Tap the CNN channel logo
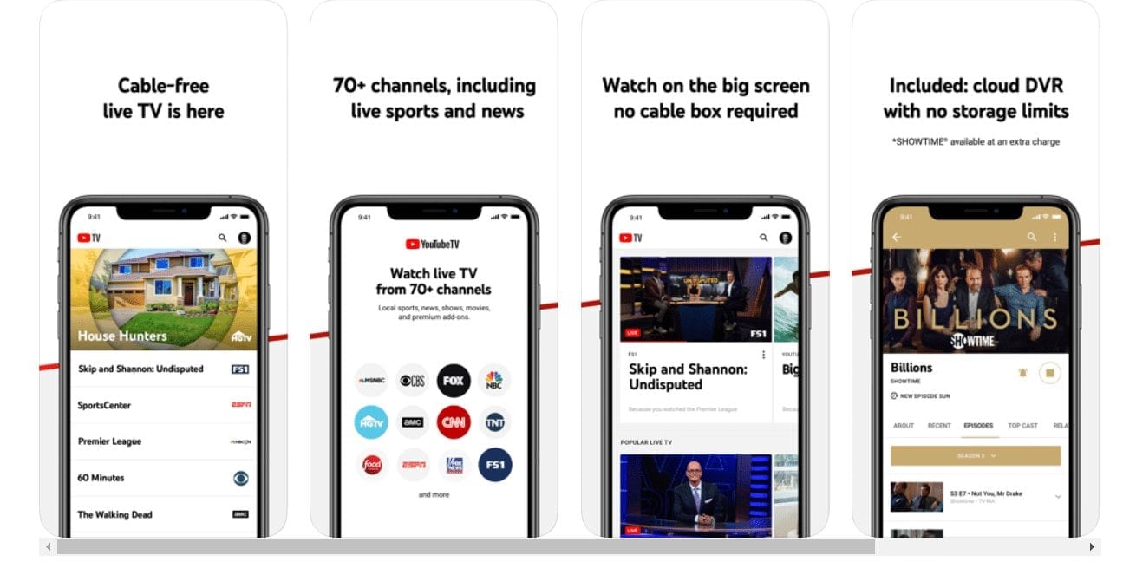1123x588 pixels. point(453,422)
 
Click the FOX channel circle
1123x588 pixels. point(453,380)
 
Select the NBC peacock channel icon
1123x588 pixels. point(494,380)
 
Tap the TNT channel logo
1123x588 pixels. point(494,422)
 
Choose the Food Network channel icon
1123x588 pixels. point(372,465)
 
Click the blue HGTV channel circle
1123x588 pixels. point(372,422)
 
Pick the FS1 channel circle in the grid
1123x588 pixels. point(494,465)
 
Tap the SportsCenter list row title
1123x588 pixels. point(104,405)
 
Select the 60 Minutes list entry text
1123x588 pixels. point(101,478)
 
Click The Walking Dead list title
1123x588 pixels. point(114,514)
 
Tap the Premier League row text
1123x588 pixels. point(109,441)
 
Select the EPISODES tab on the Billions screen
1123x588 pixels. point(978,426)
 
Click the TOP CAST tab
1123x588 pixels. point(1022,426)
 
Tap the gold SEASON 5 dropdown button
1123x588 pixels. point(975,455)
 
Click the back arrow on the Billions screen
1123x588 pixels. point(897,237)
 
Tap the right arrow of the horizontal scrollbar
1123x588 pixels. point(1092,547)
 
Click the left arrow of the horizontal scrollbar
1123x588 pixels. point(49,547)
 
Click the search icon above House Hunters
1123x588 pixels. point(223,238)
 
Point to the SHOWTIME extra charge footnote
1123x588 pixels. point(976,141)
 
